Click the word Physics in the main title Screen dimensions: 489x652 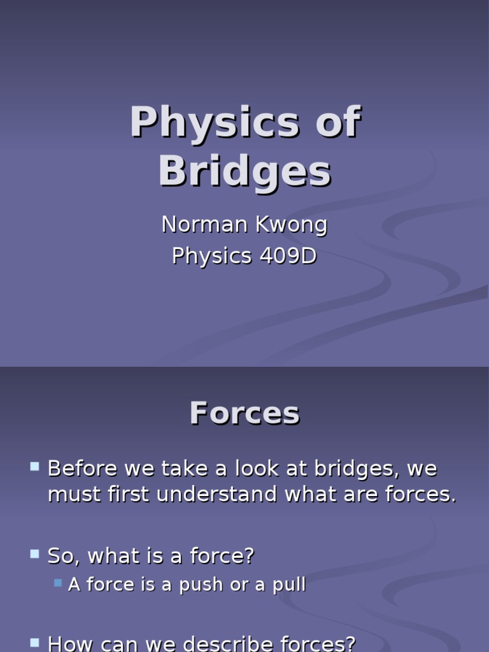[x=215, y=122]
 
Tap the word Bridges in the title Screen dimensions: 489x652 [x=245, y=172]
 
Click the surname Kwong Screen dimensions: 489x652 [x=292, y=225]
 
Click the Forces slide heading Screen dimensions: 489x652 [x=245, y=413]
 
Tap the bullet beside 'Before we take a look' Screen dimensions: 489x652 [x=35, y=467]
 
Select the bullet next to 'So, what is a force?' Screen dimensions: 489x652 [x=35, y=554]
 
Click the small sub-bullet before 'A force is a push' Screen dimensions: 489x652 [x=58, y=583]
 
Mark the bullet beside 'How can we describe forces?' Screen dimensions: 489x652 [x=35, y=643]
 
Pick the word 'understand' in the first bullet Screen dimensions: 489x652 [x=216, y=494]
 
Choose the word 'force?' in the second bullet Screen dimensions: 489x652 [x=222, y=556]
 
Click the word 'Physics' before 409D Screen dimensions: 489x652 [x=212, y=256]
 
